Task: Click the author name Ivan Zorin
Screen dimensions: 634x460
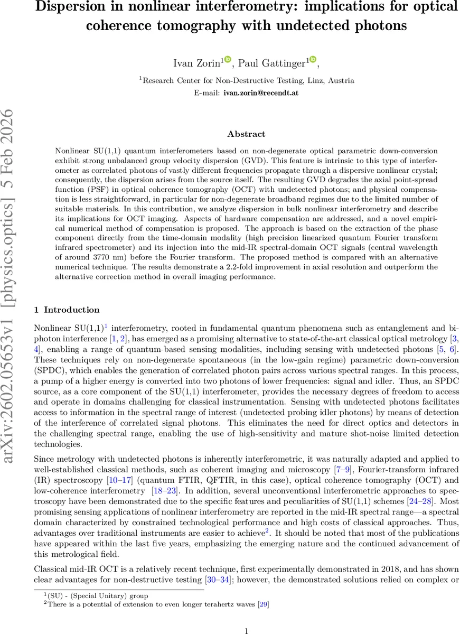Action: click(x=196, y=63)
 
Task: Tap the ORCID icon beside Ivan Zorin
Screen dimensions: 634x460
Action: click(x=228, y=61)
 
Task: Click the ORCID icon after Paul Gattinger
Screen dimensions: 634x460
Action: click(x=312, y=61)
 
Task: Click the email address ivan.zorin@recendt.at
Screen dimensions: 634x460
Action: click(x=254, y=92)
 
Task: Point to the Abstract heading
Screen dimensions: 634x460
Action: click(x=246, y=134)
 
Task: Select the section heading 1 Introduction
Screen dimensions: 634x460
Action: click(x=67, y=310)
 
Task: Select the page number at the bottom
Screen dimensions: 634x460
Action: click(x=246, y=630)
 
